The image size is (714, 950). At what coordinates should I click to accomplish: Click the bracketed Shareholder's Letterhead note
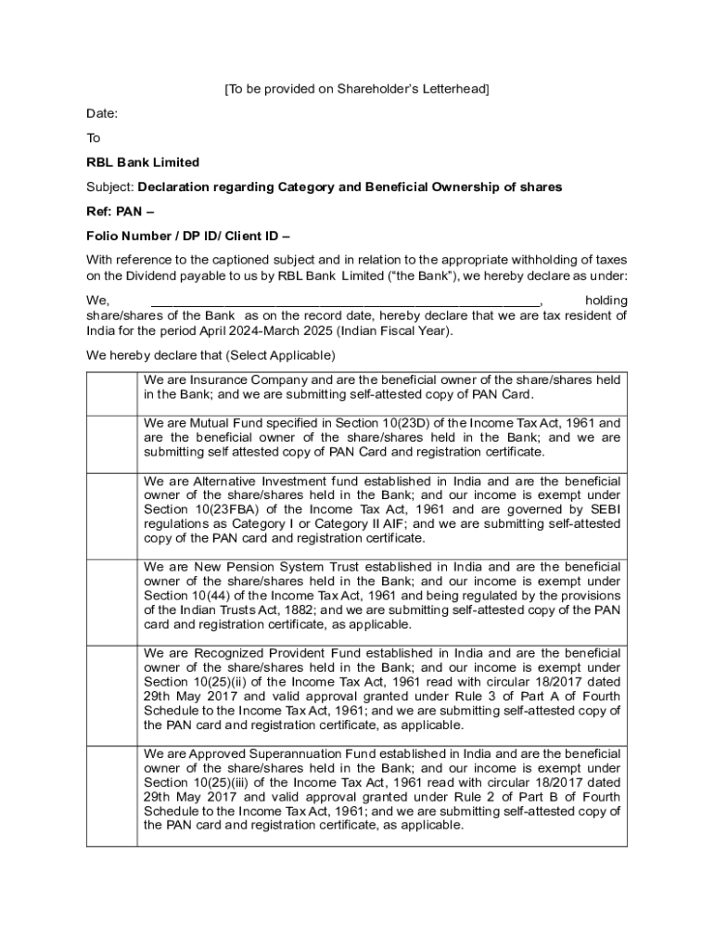coord(357,89)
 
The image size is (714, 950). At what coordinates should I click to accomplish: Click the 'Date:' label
coord(102,113)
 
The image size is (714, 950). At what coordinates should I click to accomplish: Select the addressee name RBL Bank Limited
coord(143,162)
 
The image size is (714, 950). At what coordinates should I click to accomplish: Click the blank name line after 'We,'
coord(344,301)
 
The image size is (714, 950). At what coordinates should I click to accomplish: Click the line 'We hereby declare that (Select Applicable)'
coord(210,355)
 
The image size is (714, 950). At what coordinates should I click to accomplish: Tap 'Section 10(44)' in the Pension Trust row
coord(185,596)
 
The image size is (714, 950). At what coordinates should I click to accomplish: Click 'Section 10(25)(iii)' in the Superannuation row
coord(198,783)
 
